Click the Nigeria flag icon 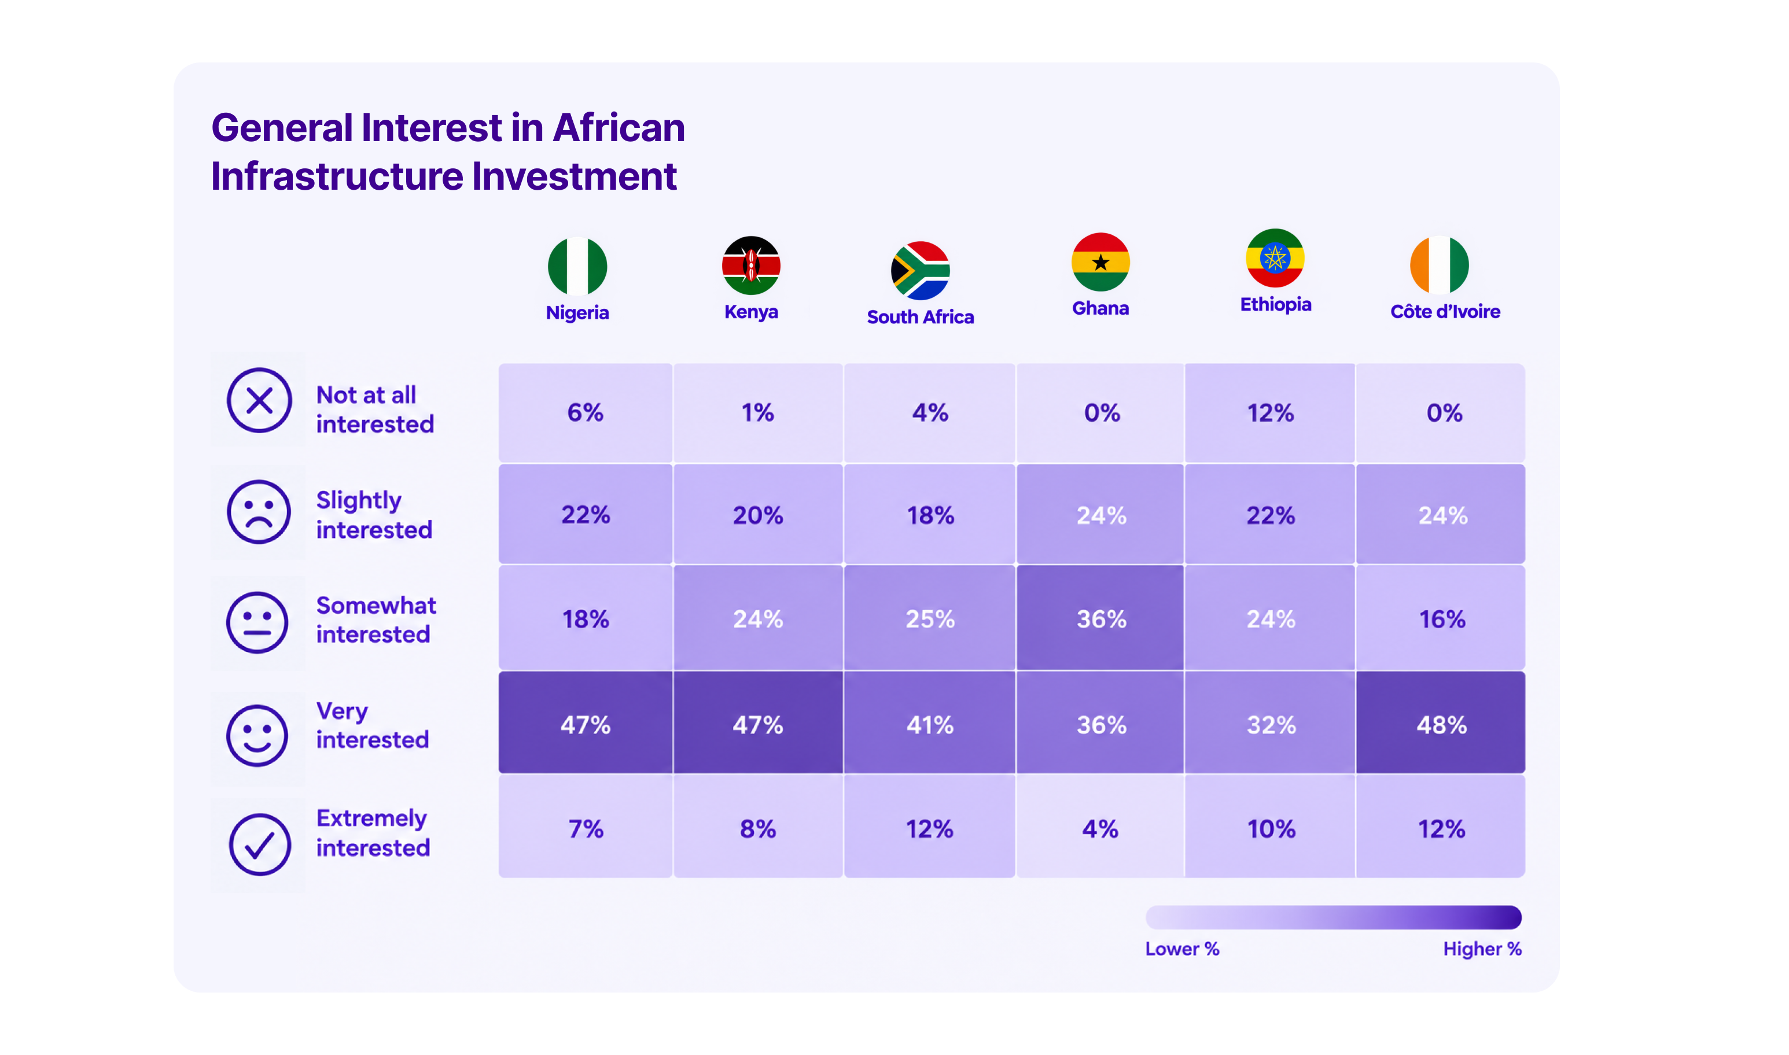tap(577, 266)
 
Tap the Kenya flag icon tap(751, 265)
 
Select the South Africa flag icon tap(920, 271)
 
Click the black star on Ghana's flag tap(1100, 263)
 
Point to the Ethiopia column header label tap(1276, 304)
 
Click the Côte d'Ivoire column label tap(1445, 311)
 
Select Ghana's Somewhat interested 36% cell tap(1100, 618)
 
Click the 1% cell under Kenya tap(758, 412)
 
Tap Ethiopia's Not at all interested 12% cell tap(1270, 412)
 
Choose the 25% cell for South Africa tap(929, 618)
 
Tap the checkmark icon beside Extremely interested tap(260, 844)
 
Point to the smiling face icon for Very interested tap(257, 735)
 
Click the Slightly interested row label tap(374, 515)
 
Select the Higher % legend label tap(1482, 949)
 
